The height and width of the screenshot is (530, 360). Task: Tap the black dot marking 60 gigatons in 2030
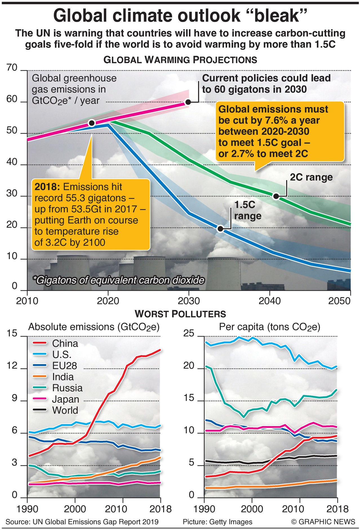(x=188, y=102)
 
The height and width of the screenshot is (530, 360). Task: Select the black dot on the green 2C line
(x=276, y=196)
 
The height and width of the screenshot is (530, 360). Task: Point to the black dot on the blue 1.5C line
(x=221, y=229)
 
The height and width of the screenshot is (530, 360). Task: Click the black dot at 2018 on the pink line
(x=92, y=123)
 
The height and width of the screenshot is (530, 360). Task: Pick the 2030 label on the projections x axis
(x=189, y=301)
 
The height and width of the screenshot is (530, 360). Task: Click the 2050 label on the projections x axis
(x=339, y=301)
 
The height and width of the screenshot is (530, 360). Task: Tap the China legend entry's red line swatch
(x=39, y=343)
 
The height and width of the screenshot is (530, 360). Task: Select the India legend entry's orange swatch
(x=39, y=377)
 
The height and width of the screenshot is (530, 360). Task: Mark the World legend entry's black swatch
(x=39, y=410)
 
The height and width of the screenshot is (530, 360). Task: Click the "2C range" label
(x=311, y=177)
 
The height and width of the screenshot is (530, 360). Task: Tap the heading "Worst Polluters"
(x=180, y=314)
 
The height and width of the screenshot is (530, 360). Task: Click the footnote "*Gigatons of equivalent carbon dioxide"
(x=118, y=280)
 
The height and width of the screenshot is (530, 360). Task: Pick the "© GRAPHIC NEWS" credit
(x=323, y=522)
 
